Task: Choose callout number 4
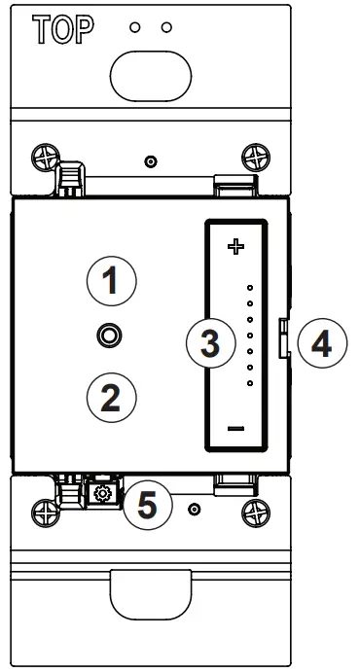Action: pos(320,342)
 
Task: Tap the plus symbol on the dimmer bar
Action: pos(234,247)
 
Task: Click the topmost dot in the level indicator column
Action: pos(250,289)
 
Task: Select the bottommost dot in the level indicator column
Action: pos(250,383)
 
